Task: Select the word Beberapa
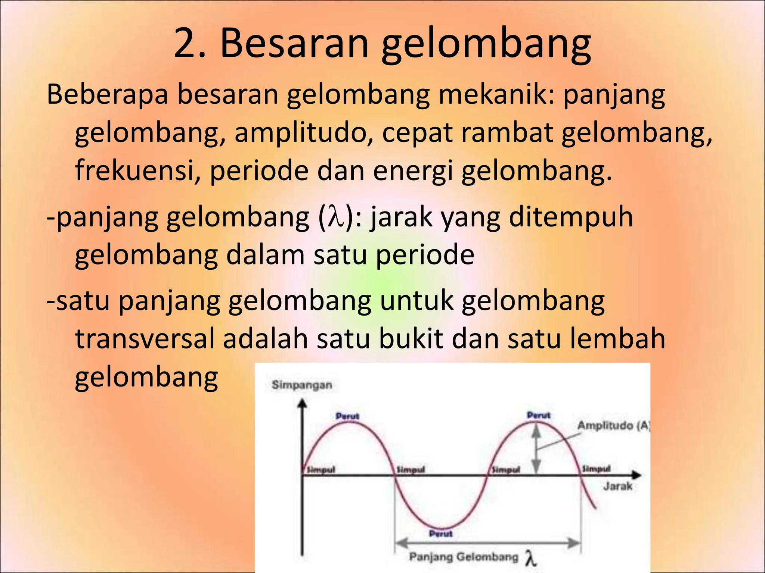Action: pyautogui.click(x=107, y=94)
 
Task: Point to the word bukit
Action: pyautogui.click(x=411, y=338)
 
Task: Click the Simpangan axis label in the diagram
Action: pyautogui.click(x=302, y=385)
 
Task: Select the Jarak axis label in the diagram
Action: pyautogui.click(x=618, y=486)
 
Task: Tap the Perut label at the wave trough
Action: pyautogui.click(x=441, y=534)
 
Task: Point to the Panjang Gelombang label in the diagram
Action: pyautogui.click(x=464, y=557)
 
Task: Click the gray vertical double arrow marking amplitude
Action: pyautogui.click(x=536, y=450)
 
